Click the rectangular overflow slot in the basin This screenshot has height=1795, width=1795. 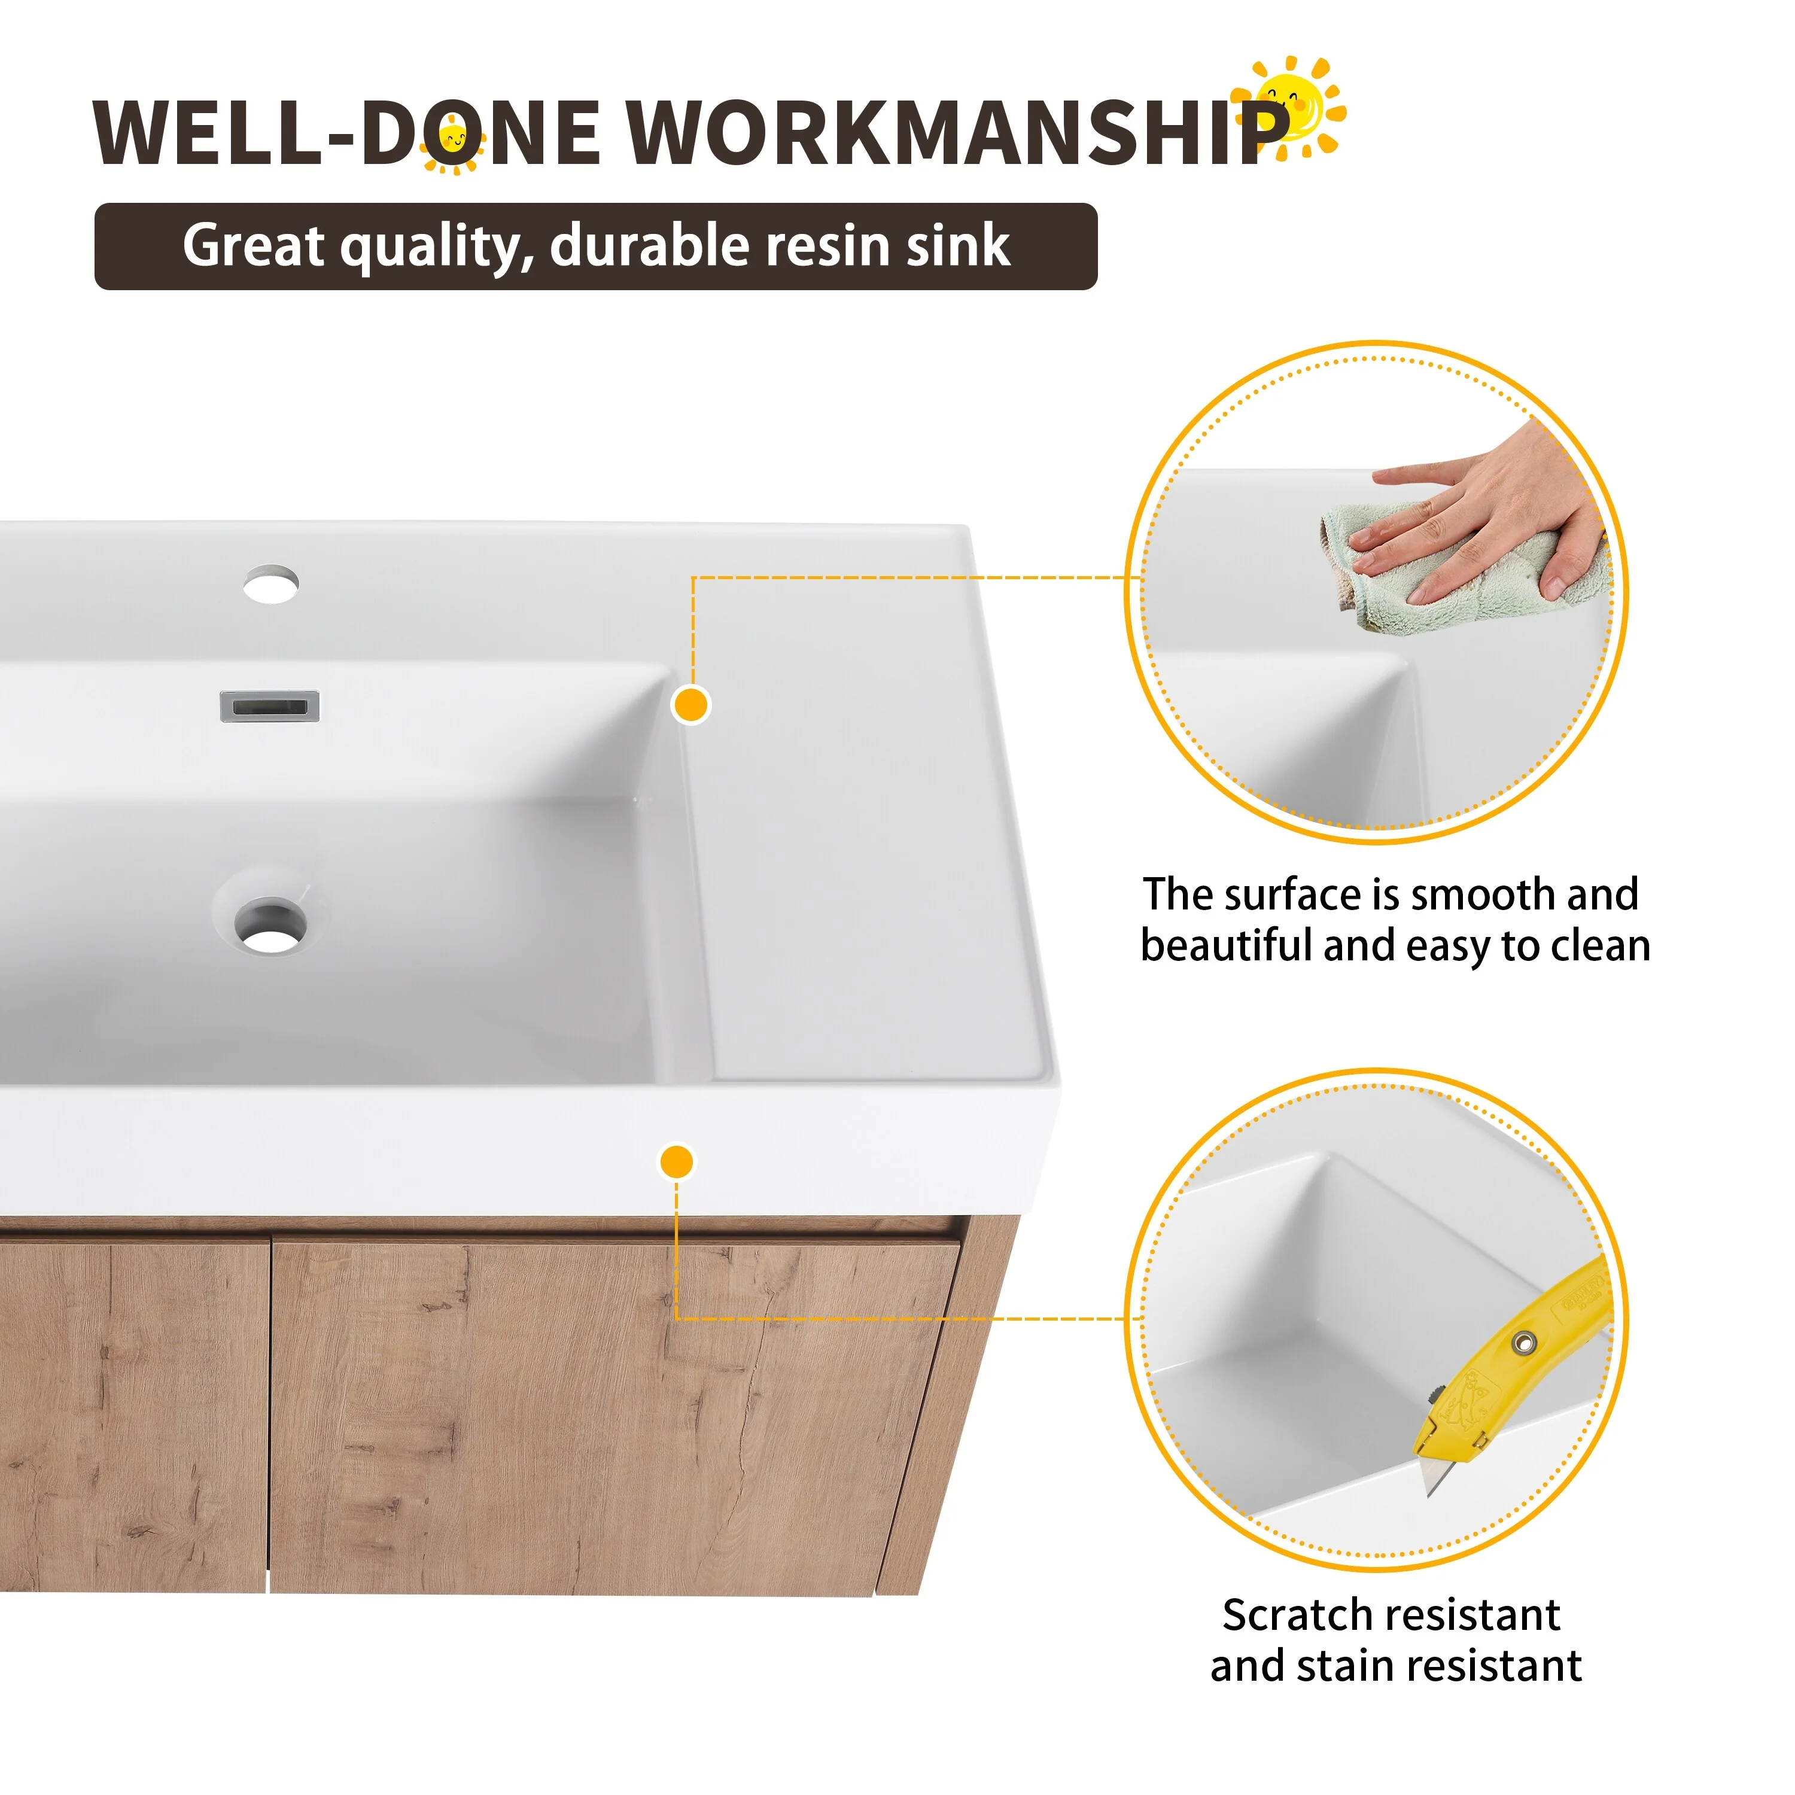point(269,706)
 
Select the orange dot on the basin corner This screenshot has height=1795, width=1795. point(690,704)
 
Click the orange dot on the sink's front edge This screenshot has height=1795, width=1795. point(676,1161)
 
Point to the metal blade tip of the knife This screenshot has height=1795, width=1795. point(1429,1491)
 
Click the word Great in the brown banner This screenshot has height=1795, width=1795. point(254,245)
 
